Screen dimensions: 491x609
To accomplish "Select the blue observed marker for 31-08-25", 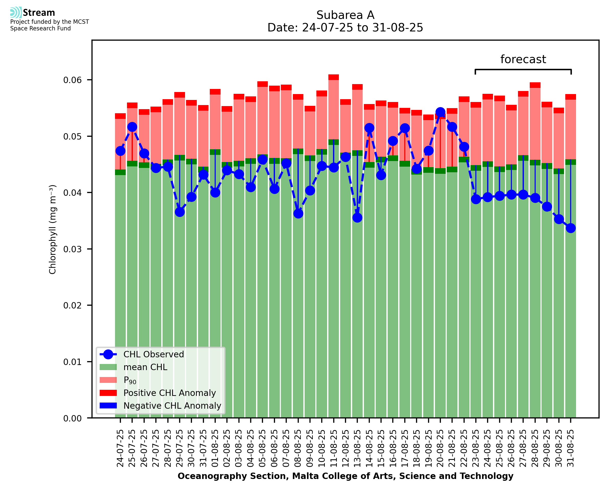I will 571,228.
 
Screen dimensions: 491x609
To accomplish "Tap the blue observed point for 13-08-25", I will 357,218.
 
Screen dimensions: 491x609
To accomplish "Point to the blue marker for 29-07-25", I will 180,212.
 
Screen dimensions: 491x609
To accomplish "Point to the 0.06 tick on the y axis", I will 72,80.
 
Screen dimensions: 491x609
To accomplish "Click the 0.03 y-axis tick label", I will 72,249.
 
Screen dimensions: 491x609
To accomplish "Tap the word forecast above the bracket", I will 523,59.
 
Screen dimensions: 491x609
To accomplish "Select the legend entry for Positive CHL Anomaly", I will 169,393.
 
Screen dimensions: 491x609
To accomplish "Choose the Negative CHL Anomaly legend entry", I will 172,406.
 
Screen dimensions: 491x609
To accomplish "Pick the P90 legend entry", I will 130,380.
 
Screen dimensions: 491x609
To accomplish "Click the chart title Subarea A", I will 345,15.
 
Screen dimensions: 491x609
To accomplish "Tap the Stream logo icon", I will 16,13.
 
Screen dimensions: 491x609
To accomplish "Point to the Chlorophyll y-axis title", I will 53,229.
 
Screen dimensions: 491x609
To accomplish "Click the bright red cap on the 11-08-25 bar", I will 334,77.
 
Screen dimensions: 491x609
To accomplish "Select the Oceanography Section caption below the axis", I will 345,476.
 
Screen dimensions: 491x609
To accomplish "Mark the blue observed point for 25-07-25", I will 132,127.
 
